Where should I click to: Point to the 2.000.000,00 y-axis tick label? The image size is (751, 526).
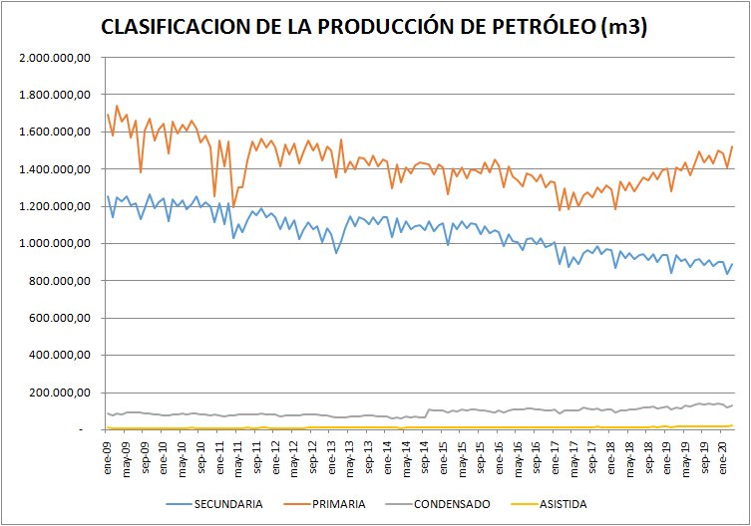[x=56, y=58]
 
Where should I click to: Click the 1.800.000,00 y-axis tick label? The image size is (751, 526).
[x=56, y=95]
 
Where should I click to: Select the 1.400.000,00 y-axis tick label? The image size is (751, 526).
[x=56, y=169]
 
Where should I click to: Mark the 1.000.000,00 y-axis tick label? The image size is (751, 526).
[x=56, y=243]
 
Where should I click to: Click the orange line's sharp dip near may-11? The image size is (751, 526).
[x=233, y=205]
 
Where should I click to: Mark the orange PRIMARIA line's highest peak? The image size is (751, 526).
[x=117, y=106]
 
